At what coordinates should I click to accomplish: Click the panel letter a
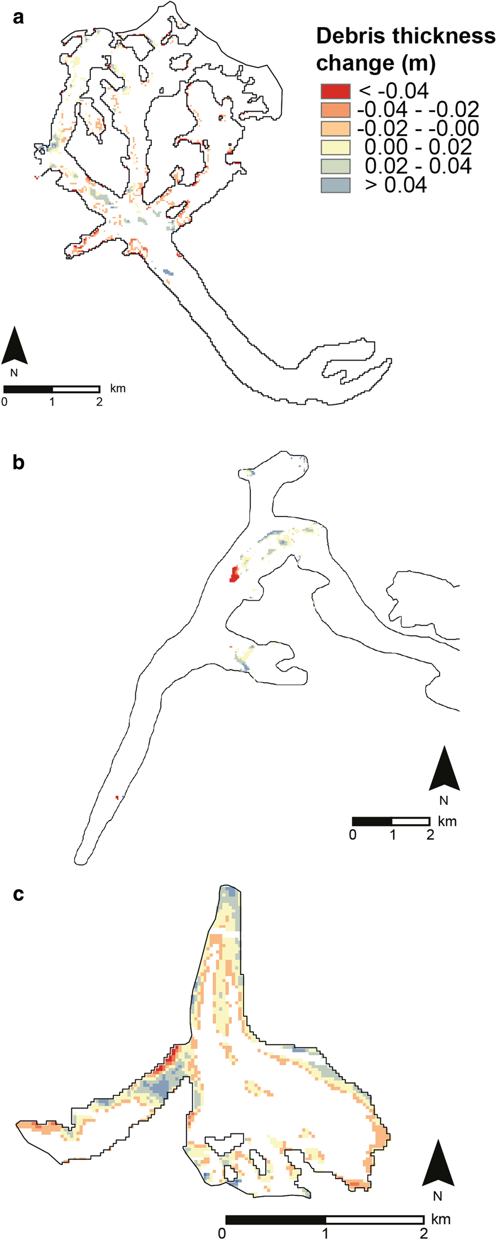coord(19,18)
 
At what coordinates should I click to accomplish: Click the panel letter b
coord(19,462)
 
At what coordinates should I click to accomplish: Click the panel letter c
coord(19,894)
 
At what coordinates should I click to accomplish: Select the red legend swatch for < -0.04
coord(335,91)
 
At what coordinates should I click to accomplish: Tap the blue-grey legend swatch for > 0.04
coord(335,185)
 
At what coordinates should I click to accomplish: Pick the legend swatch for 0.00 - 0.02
coord(335,147)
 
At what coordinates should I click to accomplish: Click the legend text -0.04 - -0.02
coord(418,109)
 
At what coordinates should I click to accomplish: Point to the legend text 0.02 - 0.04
coord(418,166)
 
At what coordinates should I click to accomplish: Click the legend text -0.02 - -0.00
coord(418,128)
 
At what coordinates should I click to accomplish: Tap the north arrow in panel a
coord(14,346)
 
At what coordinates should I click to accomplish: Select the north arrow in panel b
coord(444,769)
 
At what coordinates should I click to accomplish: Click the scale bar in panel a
coord(52,389)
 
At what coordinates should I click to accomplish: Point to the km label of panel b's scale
coord(447,821)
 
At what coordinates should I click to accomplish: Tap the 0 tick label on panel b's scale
coord(352,835)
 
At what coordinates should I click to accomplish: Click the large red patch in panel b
coord(234,574)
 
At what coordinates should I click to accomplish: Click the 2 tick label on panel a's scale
coord(99,402)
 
